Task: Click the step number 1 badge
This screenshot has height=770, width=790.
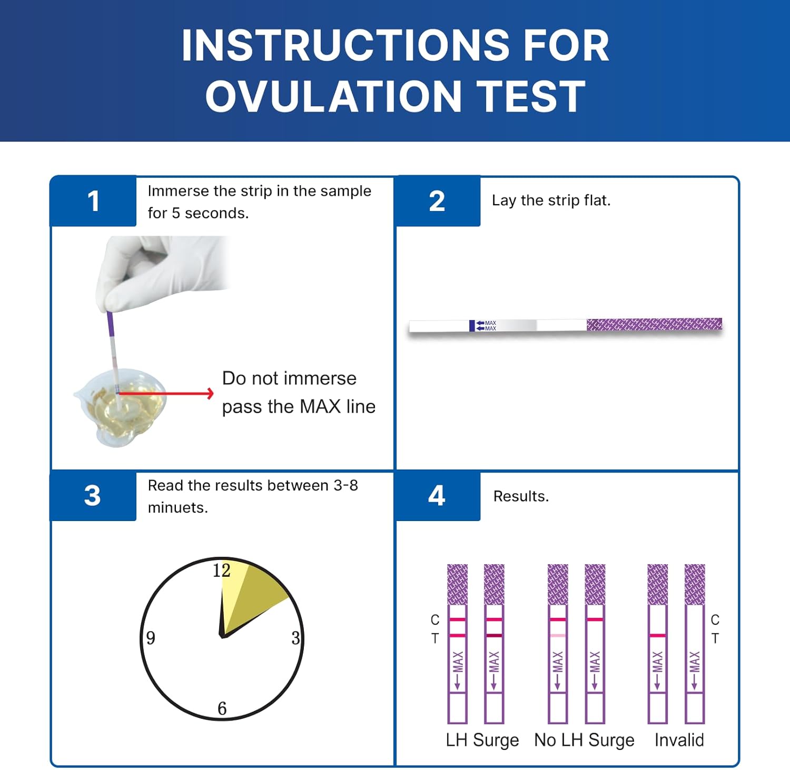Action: click(93, 201)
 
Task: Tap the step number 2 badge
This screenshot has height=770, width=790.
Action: click(437, 201)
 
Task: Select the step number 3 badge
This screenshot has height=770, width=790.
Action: click(93, 495)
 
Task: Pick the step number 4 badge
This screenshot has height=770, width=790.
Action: click(437, 495)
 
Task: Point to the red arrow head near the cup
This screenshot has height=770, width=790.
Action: click(210, 393)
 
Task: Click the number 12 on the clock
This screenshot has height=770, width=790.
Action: click(222, 571)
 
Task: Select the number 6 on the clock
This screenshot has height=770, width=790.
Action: click(222, 708)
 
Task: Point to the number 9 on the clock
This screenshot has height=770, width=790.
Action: click(151, 638)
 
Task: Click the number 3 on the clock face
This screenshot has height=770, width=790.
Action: click(295, 638)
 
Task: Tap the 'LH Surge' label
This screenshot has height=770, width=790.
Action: click(482, 740)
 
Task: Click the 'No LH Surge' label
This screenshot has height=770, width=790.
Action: click(584, 740)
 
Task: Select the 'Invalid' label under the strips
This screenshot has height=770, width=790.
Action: click(679, 740)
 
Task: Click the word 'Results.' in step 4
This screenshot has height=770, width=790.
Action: click(521, 496)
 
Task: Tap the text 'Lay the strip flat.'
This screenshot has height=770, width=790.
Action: click(551, 201)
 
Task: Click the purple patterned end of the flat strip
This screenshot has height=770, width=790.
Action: click(654, 324)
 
